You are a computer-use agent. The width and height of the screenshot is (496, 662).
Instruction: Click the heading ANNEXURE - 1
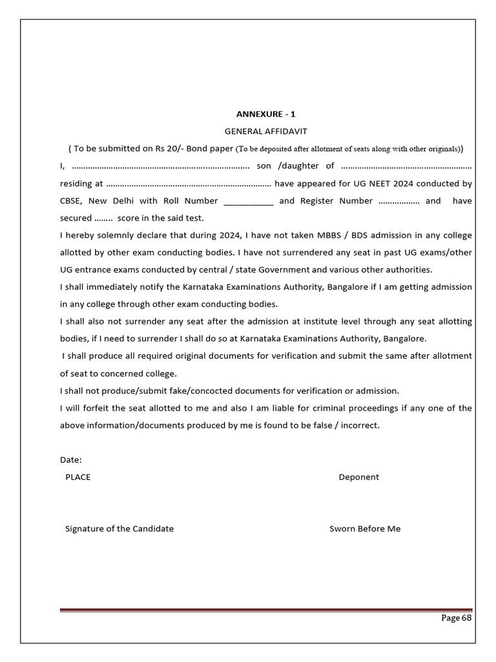pos(265,114)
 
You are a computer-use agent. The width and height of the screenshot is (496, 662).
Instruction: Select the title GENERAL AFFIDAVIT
pos(265,131)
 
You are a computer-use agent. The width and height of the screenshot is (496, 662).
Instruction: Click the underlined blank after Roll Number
pos(249,201)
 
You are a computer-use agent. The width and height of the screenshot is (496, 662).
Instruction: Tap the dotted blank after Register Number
pos(398,201)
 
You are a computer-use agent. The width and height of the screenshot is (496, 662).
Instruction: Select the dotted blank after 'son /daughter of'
pos(406,166)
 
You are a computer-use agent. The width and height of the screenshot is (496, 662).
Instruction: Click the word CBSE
pos(72,201)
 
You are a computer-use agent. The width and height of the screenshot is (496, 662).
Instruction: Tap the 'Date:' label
pos(71,460)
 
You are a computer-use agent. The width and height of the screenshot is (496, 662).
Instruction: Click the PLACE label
pos(78,477)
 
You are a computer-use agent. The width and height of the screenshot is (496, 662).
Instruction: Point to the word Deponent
pos(358,477)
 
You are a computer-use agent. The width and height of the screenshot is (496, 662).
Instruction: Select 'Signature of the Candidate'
pos(119,529)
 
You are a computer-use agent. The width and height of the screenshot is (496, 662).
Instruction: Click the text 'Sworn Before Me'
pos(365,529)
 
